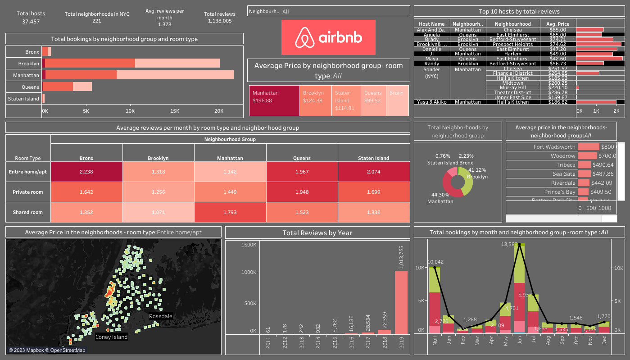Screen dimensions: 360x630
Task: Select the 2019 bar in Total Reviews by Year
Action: pyautogui.click(x=401, y=302)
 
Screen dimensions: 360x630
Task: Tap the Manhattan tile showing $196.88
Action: pyautogui.click(x=274, y=100)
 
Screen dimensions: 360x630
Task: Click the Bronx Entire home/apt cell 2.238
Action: pyautogui.click(x=86, y=172)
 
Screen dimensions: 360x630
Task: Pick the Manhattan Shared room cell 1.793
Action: pyautogui.click(x=230, y=212)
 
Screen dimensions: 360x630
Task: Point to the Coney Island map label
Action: pyautogui.click(x=112, y=337)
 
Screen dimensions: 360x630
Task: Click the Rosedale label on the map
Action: pyautogui.click(x=161, y=316)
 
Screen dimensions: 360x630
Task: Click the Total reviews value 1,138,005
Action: pyautogui.click(x=220, y=21)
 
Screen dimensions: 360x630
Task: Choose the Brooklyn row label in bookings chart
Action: pyautogui.click(x=29, y=64)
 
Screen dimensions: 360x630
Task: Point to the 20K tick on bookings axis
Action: pyautogui.click(x=218, y=110)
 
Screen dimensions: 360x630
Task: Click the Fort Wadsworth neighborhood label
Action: pyautogui.click(x=554, y=147)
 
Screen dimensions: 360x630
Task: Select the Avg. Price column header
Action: pyautogui.click(x=557, y=24)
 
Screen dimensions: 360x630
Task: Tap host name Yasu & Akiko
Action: pyautogui.click(x=431, y=102)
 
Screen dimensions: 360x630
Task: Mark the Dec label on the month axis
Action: pyautogui.click(x=604, y=342)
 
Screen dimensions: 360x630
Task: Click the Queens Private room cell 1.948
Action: pyautogui.click(x=302, y=192)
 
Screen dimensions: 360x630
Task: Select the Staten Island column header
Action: pyautogui.click(x=374, y=158)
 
